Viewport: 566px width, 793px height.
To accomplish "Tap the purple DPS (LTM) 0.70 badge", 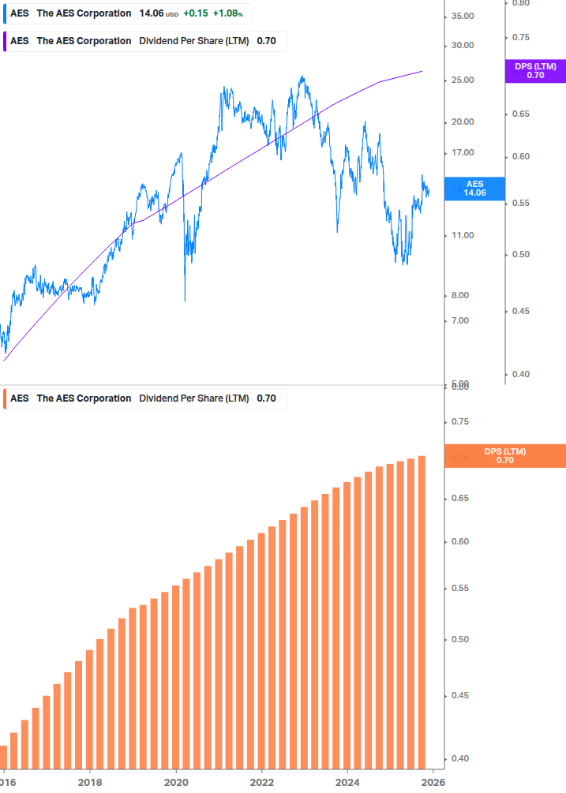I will click(535, 71).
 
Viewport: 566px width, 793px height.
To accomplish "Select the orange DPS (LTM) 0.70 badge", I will click(504, 456).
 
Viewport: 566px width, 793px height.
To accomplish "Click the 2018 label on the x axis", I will click(90, 782).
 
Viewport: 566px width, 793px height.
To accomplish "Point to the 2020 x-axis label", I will click(176, 782).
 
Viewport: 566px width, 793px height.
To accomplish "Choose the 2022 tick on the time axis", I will click(262, 782).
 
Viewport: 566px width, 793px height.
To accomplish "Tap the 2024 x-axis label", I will click(347, 782).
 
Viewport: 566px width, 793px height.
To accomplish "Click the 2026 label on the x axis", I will click(432, 782).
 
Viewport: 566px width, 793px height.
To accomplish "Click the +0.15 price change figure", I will click(195, 13).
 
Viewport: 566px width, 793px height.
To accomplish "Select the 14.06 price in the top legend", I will click(152, 13).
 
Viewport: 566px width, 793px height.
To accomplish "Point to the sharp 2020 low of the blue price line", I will click(185, 300).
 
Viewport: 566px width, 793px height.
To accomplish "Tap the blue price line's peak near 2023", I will click(302, 77).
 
